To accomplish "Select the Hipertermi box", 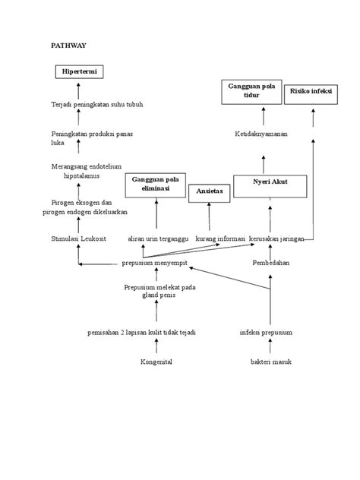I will [79, 72].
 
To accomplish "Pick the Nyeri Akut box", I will [270, 185].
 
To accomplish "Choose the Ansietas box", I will [209, 192].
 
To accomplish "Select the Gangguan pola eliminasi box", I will [156, 185].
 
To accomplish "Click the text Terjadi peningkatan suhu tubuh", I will [96, 104].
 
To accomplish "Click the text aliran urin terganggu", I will [157, 238].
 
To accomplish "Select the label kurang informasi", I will [219, 238].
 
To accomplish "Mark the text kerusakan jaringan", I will [276, 238].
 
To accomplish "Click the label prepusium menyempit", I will [155, 263].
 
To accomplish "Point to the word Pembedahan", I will [271, 263].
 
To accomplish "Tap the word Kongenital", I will [156, 362].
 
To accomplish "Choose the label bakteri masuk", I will [271, 362].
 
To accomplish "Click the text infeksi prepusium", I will [266, 333].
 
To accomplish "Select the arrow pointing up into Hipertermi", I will [79, 90].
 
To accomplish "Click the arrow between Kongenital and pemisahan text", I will [156, 347].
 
